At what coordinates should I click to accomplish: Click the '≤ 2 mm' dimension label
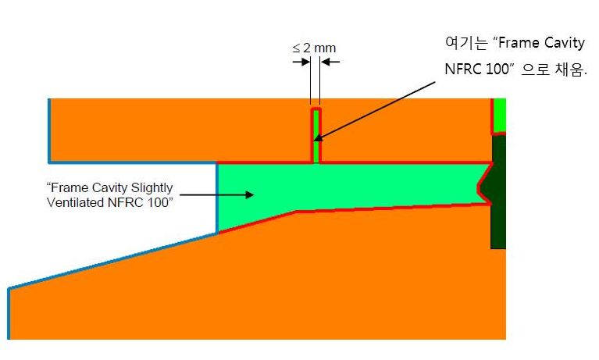point(314,48)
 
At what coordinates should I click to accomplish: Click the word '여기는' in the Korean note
point(462,42)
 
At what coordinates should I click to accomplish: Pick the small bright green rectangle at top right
point(499,116)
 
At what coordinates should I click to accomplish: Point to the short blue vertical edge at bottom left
point(9,312)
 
